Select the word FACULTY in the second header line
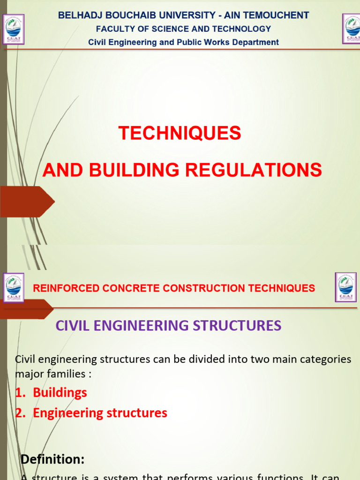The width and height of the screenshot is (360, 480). click(115, 29)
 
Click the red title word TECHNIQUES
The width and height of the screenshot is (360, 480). click(180, 133)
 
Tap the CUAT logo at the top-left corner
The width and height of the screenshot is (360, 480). click(14, 29)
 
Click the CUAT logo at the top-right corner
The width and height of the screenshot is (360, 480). click(352, 29)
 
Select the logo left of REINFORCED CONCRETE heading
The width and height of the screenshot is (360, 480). click(14, 288)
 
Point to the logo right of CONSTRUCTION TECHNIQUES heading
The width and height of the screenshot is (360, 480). click(345, 287)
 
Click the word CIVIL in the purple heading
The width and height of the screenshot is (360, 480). click(70, 325)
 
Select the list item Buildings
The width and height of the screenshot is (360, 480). click(60, 392)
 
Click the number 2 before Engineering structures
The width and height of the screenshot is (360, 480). click(19, 413)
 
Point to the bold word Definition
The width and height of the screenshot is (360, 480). click(52, 459)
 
